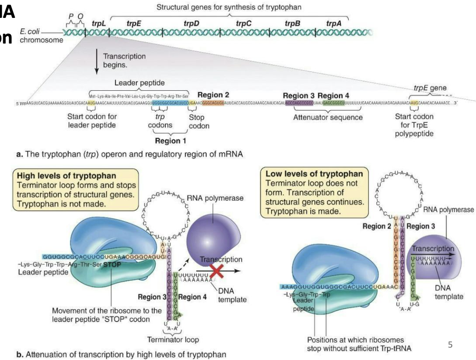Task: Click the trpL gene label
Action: point(98,22)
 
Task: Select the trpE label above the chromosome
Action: point(134,22)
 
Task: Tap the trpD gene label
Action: point(191,22)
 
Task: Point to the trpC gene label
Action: point(244,22)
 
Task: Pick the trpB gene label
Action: point(292,22)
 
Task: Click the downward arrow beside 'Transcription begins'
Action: point(97,64)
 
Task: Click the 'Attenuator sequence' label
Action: point(328,117)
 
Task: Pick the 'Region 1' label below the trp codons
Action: point(170,141)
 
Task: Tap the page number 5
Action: point(450,344)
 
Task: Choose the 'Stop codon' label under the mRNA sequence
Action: point(199,121)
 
